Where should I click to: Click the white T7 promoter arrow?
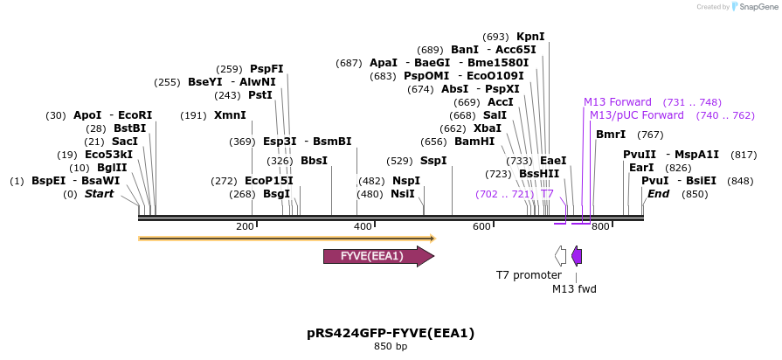560,255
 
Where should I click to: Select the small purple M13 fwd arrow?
577,255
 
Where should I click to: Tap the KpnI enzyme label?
530,37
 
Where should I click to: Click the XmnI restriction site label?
230,115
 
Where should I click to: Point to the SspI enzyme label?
433,161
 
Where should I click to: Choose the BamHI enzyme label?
475,142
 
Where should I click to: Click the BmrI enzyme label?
610,135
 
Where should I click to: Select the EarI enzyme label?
641,168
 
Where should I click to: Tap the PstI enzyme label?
260,95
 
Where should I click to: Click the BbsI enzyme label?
314,161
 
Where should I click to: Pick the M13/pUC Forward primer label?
637,115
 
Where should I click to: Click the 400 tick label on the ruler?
363,227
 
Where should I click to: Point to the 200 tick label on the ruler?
245,227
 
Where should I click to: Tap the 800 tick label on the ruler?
599,227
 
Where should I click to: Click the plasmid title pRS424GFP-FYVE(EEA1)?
391,333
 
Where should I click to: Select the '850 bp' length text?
391,347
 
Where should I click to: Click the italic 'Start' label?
99,194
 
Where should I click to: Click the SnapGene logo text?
758,7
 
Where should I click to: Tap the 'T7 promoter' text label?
529,275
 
